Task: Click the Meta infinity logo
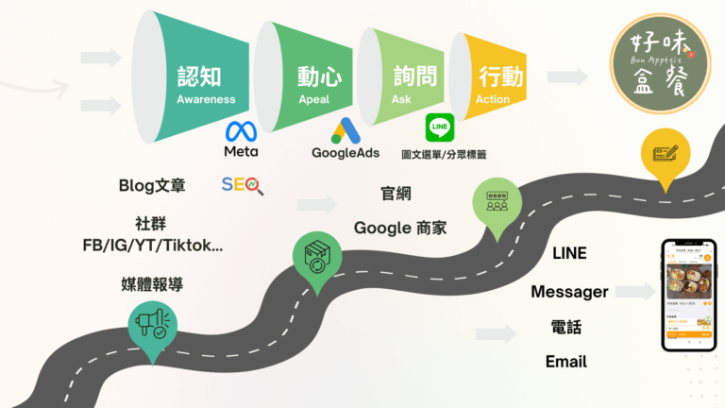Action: pyautogui.click(x=241, y=130)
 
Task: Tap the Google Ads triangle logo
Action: pyautogui.click(x=345, y=130)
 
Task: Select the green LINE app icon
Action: pyautogui.click(x=439, y=127)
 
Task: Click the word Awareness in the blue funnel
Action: pyautogui.click(x=206, y=98)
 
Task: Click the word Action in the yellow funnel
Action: pyautogui.click(x=494, y=98)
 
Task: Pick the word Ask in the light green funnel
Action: pyautogui.click(x=402, y=98)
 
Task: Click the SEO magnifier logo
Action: pyautogui.click(x=243, y=185)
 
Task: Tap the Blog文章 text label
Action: pyautogui.click(x=152, y=186)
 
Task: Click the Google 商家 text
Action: pyautogui.click(x=400, y=228)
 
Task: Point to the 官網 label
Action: pyautogui.click(x=395, y=194)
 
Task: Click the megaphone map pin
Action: pyautogui.click(x=152, y=327)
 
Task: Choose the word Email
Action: pyautogui.click(x=566, y=362)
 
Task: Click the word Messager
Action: pyautogui.click(x=569, y=292)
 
